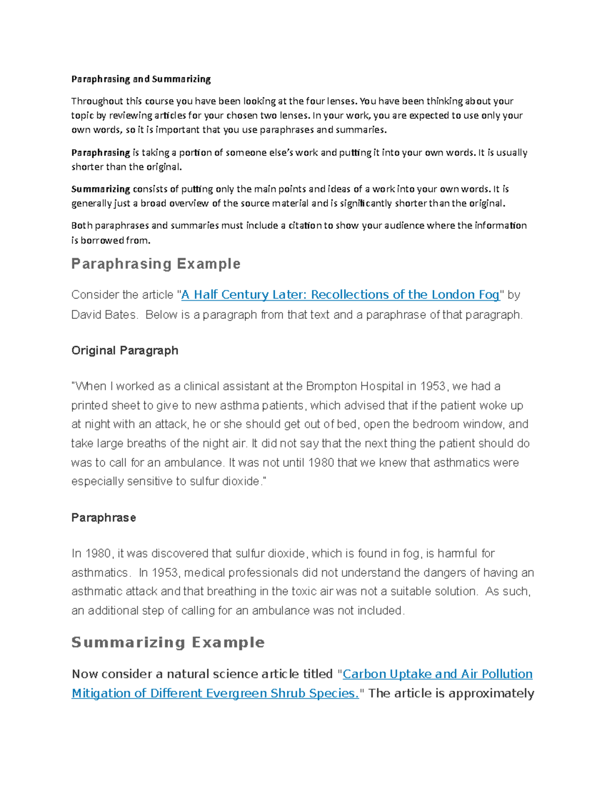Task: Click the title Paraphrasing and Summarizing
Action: [x=141, y=79]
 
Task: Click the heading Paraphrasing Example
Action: [x=156, y=264]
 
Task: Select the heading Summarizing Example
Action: [x=168, y=642]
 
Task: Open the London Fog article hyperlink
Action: [x=340, y=295]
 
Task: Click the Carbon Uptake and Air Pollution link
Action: [x=438, y=674]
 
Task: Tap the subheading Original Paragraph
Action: [x=124, y=350]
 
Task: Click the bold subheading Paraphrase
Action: [x=104, y=518]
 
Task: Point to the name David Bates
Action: [x=104, y=315]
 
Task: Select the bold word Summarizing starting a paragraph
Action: [x=101, y=189]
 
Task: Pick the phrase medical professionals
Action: [x=241, y=573]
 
